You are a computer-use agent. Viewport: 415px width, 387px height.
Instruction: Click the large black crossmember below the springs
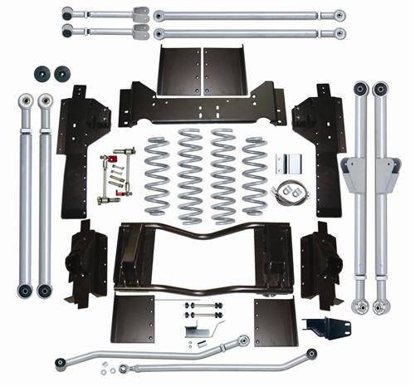pyautogui.click(x=203, y=253)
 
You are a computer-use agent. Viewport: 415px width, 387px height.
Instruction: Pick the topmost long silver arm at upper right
pyautogui.click(x=249, y=15)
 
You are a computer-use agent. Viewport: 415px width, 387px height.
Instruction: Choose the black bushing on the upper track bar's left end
pyautogui.click(x=61, y=363)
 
